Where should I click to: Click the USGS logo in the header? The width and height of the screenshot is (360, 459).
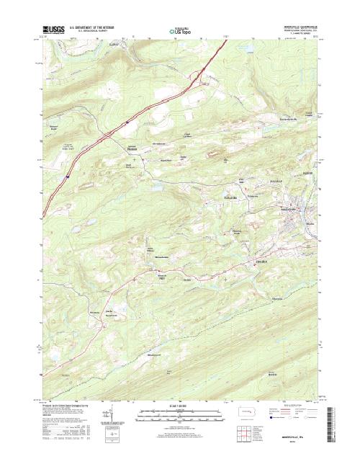click(53, 30)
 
